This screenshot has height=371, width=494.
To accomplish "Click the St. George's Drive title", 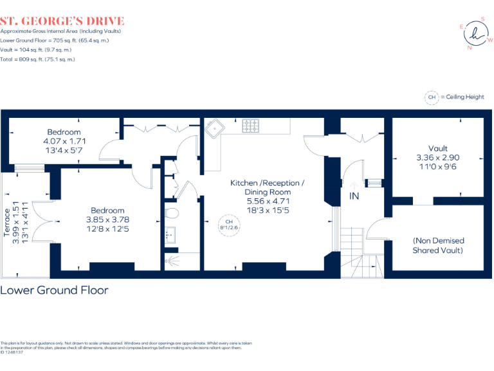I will coord(62,21).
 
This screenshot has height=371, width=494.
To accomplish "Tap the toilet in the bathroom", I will coord(171,213).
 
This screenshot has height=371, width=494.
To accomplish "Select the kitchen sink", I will coord(213,127).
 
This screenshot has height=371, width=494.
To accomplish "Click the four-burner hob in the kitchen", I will coord(251,127).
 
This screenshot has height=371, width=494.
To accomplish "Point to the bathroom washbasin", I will coord(170,235).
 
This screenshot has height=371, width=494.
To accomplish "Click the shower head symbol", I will coord(169,261).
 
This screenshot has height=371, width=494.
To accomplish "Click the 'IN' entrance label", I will coord(354,196).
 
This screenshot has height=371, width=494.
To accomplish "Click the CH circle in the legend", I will coord(432,97).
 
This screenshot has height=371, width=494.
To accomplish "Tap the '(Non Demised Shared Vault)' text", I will coord(438,245).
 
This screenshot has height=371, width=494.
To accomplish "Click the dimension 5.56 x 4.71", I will coord(267,201).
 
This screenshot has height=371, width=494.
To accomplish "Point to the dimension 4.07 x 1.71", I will coord(64,141).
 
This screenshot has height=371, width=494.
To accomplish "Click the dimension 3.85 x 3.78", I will coord(107,220).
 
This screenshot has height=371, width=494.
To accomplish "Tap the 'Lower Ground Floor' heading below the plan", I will coord(54,290).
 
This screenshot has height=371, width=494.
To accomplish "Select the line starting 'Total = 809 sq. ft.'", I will coord(37,59).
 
